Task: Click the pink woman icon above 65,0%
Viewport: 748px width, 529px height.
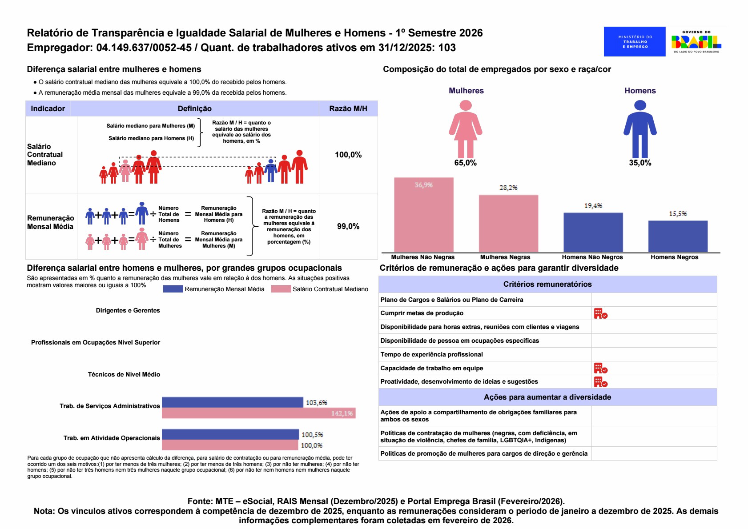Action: [465, 129]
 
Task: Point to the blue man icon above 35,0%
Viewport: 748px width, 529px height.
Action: [639, 129]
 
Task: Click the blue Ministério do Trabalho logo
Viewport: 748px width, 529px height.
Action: [634, 41]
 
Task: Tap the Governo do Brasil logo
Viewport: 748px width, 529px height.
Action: [696, 41]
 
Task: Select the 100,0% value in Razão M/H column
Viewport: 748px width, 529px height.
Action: [348, 155]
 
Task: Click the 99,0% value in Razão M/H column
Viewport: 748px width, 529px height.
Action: [348, 226]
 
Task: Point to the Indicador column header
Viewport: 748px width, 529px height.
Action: [48, 108]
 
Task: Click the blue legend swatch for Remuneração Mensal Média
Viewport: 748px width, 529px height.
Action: [173, 289]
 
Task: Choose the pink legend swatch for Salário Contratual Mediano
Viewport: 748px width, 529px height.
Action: [281, 289]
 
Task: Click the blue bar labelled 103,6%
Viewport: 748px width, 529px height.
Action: [232, 402]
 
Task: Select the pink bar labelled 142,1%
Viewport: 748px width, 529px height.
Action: [258, 413]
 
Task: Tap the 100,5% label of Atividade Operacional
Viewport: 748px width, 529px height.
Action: [312, 435]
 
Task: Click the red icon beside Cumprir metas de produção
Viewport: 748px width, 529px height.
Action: [600, 313]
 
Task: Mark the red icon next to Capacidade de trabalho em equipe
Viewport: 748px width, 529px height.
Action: [600, 368]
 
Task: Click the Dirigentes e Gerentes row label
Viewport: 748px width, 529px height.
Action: [128, 310]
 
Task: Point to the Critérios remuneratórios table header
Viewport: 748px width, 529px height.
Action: [547, 284]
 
